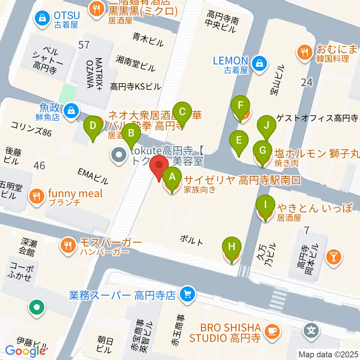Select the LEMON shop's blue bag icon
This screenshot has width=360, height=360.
[259, 62]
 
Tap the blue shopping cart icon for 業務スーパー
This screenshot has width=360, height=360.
[186, 294]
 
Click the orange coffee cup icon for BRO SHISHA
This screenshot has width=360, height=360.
[271, 331]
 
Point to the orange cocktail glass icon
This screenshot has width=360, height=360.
[333, 257]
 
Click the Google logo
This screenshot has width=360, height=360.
[25, 351]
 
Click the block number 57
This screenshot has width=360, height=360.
[84, 45]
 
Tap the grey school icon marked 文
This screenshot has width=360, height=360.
[312, 330]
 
